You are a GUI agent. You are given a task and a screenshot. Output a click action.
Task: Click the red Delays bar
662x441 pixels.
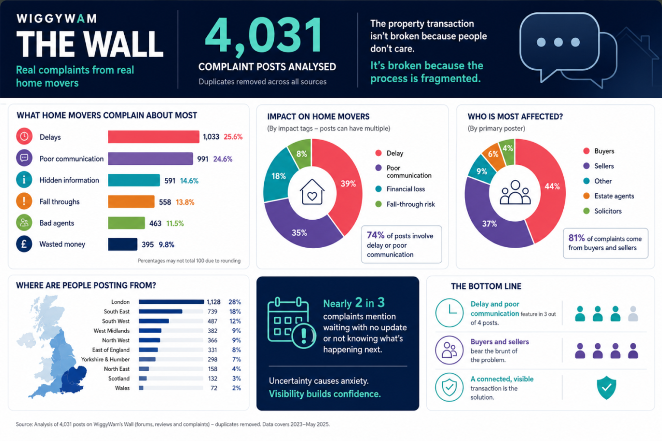pos(154,137)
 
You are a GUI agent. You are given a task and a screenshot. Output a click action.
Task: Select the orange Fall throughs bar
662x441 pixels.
pos(131,202)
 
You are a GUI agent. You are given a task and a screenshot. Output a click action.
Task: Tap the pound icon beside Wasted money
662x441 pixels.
pos(24,244)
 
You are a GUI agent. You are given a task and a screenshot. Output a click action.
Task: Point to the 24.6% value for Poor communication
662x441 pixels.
pos(223,159)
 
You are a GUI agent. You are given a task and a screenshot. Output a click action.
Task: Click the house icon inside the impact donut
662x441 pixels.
pos(312,192)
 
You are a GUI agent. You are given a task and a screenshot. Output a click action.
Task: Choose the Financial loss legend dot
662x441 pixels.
pos(378,189)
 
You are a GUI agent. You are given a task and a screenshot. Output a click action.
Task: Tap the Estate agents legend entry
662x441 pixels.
pos(609,196)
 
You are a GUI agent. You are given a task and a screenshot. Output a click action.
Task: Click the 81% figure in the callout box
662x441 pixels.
pos(577,238)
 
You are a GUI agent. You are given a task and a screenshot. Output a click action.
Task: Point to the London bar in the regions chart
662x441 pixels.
pos(171,302)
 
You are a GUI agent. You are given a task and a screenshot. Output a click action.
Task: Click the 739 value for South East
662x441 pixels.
pos(212,312)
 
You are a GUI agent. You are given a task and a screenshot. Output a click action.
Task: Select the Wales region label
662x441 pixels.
pos(123,388)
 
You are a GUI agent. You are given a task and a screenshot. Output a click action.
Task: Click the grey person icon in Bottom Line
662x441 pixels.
pos(633,314)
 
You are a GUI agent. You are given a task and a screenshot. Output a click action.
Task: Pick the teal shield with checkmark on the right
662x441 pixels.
pos(607,388)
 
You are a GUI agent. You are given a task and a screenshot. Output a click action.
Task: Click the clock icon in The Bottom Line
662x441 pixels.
pos(449,313)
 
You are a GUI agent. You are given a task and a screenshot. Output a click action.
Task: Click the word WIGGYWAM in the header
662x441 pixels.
pos(56,19)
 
